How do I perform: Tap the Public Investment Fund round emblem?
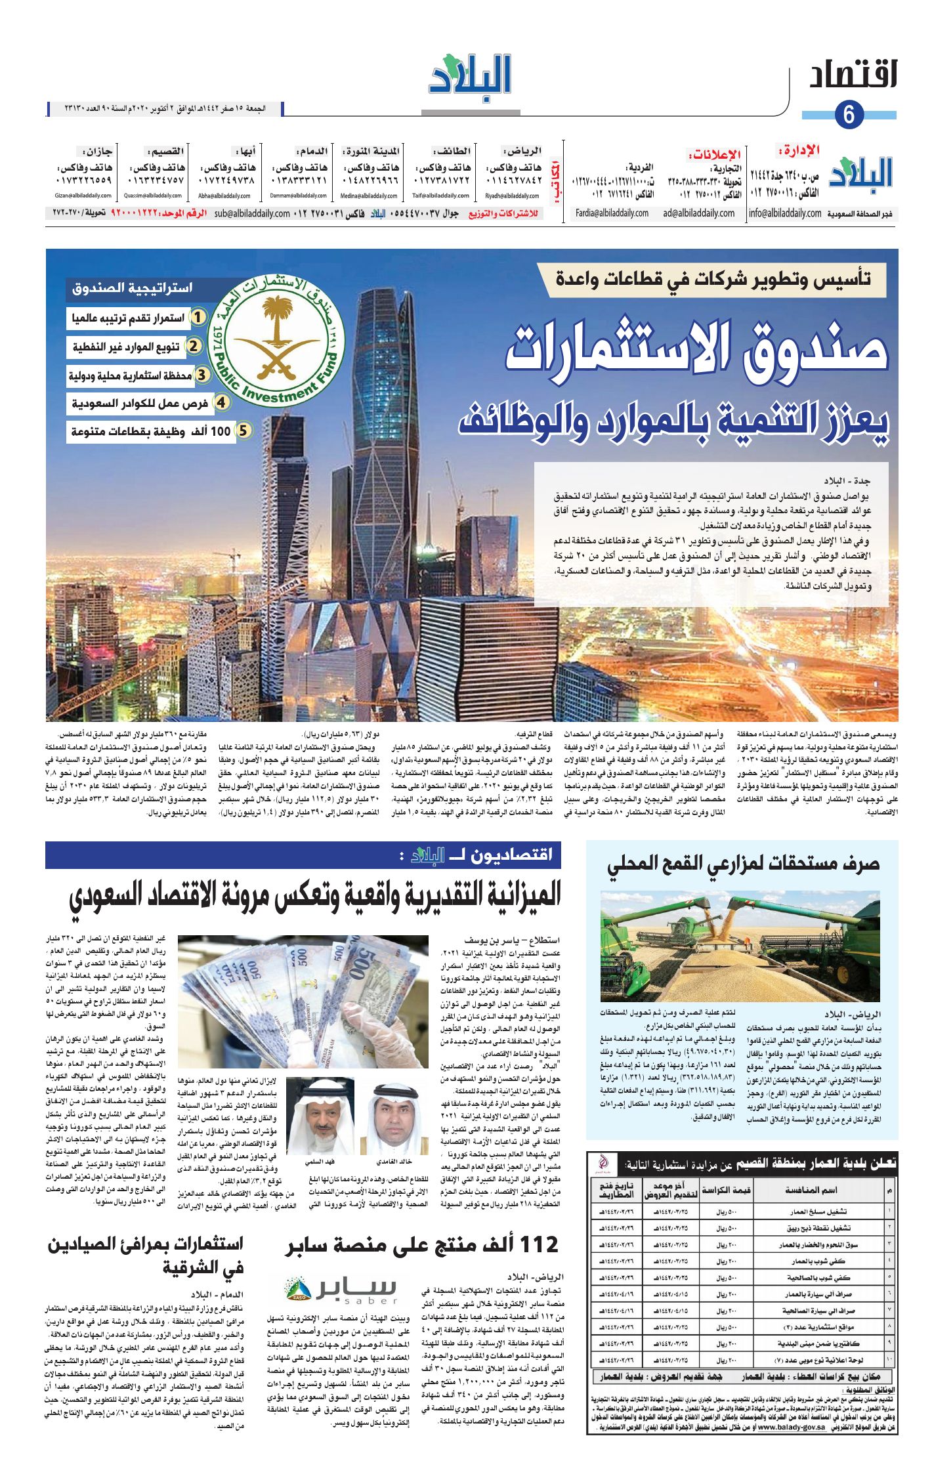276,341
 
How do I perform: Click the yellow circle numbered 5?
243,431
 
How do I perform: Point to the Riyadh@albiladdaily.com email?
512,196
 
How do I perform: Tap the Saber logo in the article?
341,1289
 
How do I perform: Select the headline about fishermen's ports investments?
146,1254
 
